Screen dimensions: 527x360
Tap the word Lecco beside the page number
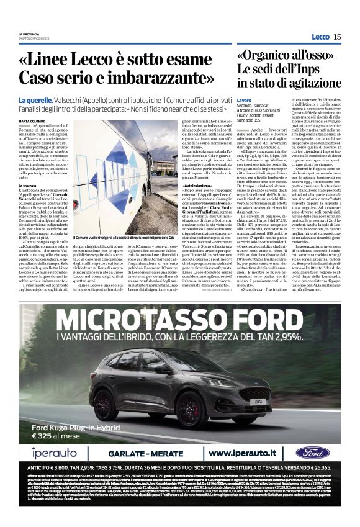tap(320, 37)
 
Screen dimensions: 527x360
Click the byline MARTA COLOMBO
tap(32, 121)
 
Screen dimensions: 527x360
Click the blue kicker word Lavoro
tap(244, 100)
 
